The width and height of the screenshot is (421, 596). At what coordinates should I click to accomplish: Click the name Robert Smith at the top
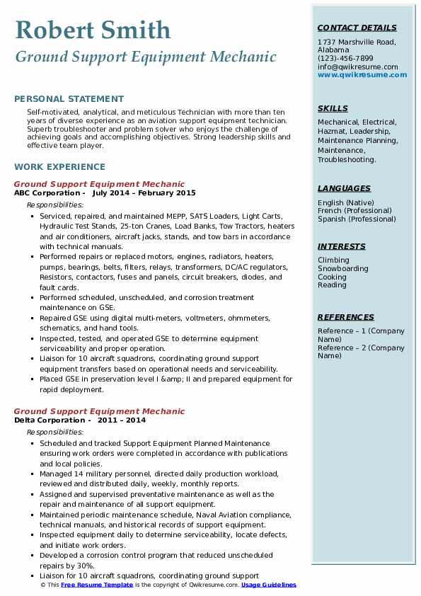(x=93, y=30)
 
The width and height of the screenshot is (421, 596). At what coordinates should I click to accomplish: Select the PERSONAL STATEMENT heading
(x=69, y=99)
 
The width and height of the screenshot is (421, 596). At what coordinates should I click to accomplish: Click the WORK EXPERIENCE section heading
(x=59, y=167)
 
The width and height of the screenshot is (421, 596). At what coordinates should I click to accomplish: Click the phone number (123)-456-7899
(x=345, y=59)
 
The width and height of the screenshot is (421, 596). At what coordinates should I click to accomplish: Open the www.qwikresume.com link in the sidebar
(x=357, y=74)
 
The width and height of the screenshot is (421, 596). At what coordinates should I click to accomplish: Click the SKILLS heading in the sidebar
(x=333, y=109)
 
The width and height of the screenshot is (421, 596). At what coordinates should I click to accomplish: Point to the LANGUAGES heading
(x=344, y=188)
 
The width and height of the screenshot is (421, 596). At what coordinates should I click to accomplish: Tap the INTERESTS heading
(x=342, y=246)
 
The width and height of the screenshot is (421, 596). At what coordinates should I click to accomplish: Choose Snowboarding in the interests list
(x=343, y=269)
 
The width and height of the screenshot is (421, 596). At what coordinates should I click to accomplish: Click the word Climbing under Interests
(x=333, y=260)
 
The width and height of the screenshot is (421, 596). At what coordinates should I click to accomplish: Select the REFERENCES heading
(x=346, y=317)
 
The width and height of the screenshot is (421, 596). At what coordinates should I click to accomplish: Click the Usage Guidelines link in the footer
(x=269, y=585)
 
